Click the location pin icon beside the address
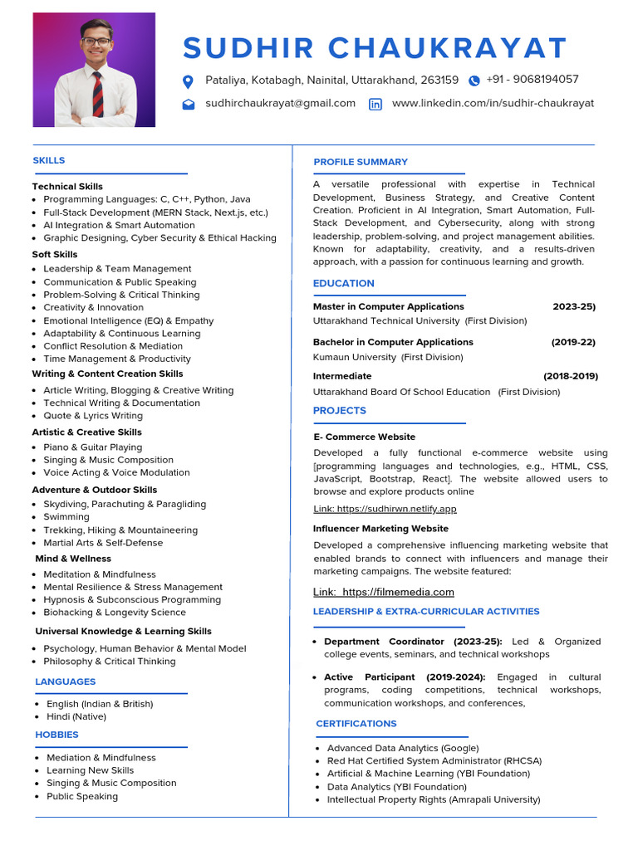[x=188, y=81]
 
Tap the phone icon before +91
[x=474, y=81]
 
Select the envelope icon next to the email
[x=189, y=105]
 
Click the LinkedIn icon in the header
[x=375, y=105]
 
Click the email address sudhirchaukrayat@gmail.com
[x=280, y=104]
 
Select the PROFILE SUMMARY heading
[x=361, y=162]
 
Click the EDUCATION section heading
[x=344, y=284]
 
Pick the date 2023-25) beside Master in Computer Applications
[x=574, y=306]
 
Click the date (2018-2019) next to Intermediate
[x=571, y=376]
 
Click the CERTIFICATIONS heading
[x=356, y=724]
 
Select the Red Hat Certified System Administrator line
[x=434, y=761]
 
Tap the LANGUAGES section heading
[x=66, y=681]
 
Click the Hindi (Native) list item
[x=76, y=716]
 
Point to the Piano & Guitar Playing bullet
[x=93, y=447]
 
